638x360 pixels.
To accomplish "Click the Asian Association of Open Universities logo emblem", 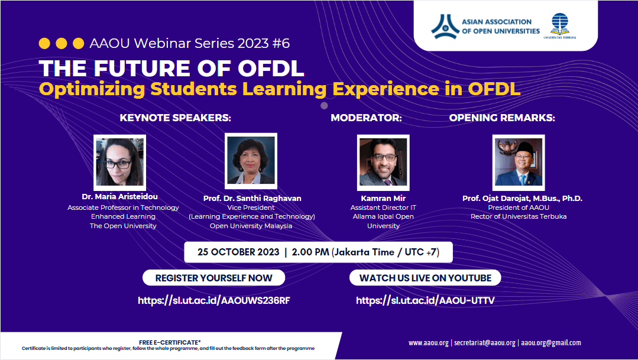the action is (445, 27).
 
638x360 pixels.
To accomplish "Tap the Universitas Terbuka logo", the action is (559, 25).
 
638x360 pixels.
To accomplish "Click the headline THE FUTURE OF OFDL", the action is (171, 69).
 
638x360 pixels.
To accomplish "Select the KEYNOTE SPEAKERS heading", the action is (176, 118).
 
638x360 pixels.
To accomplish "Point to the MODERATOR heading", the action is (366, 118).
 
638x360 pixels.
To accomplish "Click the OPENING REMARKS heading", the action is (502, 118).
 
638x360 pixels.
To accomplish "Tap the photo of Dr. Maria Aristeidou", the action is (119, 163).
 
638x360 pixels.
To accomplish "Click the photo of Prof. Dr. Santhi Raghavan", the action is (251, 161).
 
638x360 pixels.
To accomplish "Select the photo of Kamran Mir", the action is (383, 163).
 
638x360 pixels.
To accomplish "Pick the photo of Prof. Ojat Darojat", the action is (519, 163).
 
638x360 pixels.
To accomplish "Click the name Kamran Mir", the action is (383, 199).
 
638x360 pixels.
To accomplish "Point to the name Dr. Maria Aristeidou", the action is (119, 196).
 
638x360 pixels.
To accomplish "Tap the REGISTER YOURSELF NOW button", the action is (213, 278).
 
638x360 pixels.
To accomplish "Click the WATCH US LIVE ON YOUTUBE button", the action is (425, 278).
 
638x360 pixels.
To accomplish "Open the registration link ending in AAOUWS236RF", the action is (214, 301).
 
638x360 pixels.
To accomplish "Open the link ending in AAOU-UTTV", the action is (425, 301).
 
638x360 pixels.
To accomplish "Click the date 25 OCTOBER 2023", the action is (238, 252).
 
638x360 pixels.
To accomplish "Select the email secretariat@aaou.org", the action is (485, 343).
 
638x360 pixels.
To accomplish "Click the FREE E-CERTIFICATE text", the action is (170, 342).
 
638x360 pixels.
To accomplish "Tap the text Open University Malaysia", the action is (251, 226).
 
